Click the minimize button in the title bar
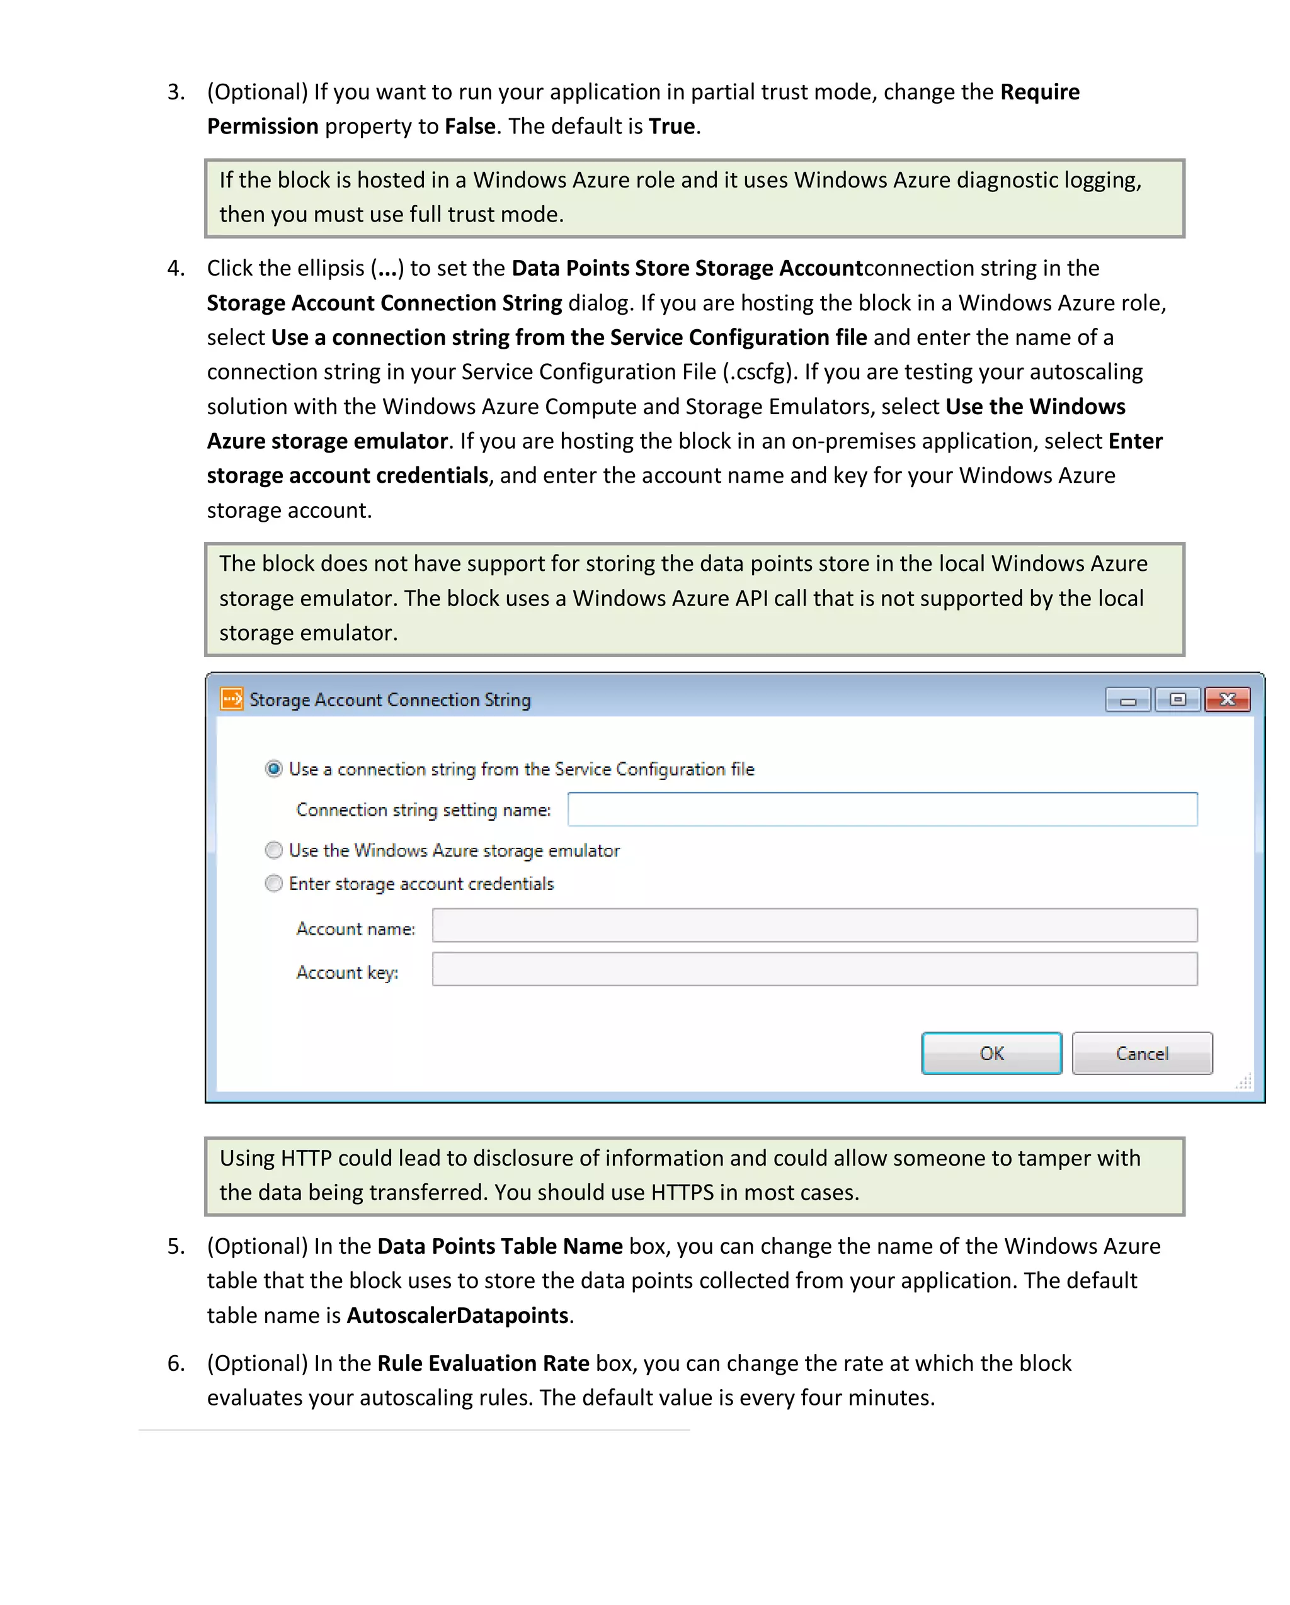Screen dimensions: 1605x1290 1127,700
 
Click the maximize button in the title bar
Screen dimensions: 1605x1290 1177,699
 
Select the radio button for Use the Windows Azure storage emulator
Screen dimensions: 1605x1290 274,850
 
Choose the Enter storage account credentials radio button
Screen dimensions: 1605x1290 274,883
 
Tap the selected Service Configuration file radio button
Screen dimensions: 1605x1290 274,769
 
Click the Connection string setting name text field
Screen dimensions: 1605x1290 882,809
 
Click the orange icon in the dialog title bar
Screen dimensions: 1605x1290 232,699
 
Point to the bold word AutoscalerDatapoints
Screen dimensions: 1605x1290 457,1315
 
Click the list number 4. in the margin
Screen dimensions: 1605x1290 176,268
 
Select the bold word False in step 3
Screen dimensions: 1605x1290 470,126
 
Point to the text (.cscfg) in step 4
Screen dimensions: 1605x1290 759,371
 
